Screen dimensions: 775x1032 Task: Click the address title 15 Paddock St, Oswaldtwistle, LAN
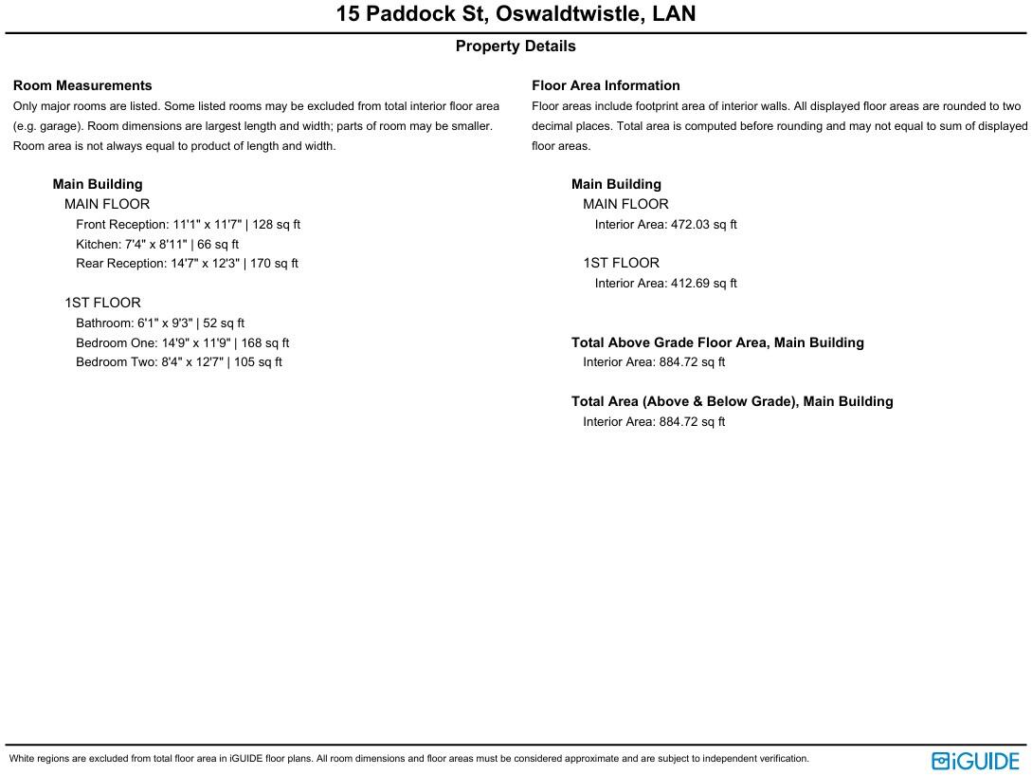516,14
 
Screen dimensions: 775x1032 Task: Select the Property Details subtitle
516,46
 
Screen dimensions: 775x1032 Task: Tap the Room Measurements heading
82,85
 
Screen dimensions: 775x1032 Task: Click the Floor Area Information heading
606,85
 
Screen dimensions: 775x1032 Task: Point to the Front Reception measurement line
188,225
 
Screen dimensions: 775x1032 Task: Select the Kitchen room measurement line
157,245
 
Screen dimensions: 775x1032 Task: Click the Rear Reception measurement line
187,264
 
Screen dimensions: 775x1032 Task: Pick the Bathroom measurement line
160,323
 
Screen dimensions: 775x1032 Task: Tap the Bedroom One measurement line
182,343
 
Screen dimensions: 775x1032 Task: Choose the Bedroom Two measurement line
179,362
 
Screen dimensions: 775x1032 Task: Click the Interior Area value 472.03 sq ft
665,225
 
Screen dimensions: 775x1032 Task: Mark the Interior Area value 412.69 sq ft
665,284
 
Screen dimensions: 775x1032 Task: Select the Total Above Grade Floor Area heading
717,342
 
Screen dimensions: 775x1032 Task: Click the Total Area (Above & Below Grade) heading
732,401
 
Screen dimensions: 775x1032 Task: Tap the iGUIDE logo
975,761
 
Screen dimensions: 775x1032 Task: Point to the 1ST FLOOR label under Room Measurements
102,303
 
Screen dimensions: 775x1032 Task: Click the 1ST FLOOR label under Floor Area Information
621,263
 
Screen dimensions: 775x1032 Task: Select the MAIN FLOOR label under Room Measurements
107,204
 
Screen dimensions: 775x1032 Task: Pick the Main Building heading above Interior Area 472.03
616,184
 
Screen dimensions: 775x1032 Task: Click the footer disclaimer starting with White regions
409,759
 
